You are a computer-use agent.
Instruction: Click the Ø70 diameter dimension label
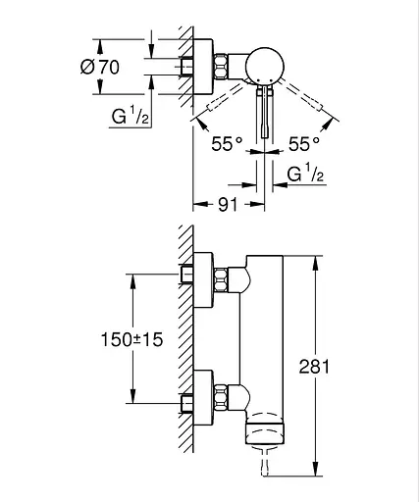100,67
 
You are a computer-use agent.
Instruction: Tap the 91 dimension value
228,205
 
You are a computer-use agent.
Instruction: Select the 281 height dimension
314,367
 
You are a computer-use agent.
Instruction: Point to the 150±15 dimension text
131,339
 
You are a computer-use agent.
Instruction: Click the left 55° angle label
227,144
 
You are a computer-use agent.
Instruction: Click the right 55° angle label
304,144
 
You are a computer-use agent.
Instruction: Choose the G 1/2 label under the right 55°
305,174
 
